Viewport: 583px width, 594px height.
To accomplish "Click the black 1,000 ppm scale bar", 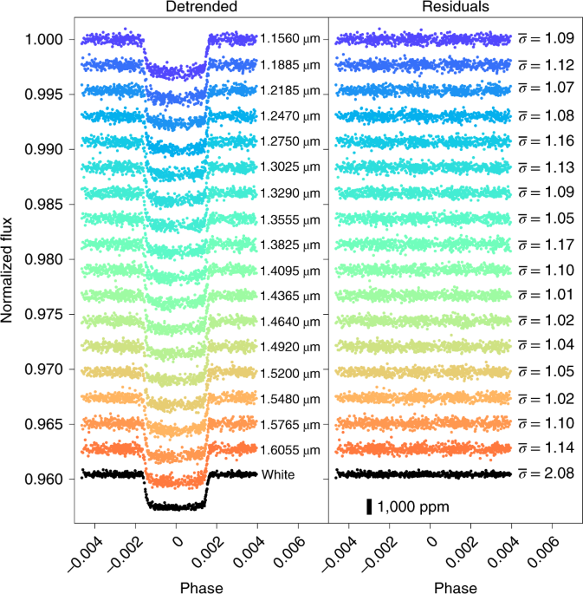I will pos(369,507).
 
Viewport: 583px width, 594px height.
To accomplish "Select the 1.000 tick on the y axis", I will pos(43,40).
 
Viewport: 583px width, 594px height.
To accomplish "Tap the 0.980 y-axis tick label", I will pos(43,259).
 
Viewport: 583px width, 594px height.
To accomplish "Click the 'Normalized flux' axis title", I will pos(10,259).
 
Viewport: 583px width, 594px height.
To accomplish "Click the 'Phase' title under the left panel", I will pos(201,587).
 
